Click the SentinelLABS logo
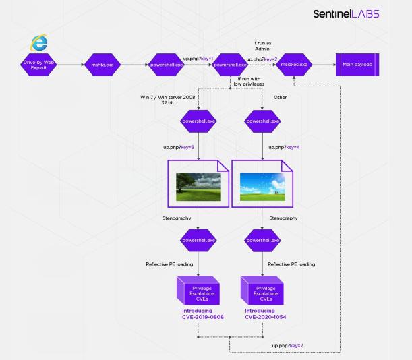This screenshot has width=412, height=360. click(346, 14)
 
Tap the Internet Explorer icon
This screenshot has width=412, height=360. click(40, 42)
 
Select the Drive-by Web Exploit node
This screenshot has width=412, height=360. click(35, 65)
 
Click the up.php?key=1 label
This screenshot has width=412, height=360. click(198, 59)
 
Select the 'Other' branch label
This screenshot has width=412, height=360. click(281, 97)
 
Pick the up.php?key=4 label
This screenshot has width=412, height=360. click(285, 146)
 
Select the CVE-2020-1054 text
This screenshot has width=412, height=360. click(262, 316)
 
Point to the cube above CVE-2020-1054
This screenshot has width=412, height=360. click(262, 290)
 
